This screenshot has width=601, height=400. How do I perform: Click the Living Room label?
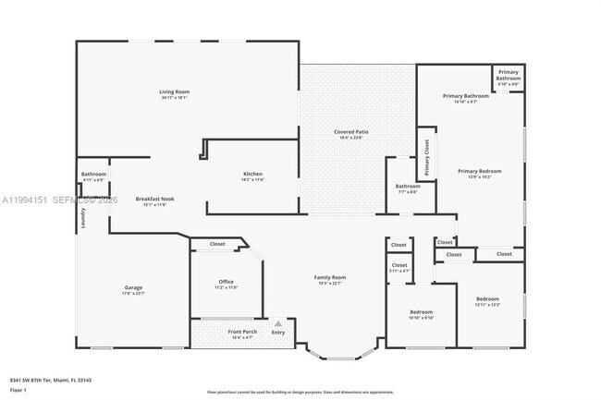point(174,92)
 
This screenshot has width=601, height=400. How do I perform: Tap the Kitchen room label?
point(253,175)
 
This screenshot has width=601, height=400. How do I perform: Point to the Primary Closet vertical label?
point(427,157)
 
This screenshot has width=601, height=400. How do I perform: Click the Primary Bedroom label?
point(479,171)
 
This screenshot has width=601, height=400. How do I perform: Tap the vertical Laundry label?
point(82,218)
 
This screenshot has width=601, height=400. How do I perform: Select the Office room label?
point(227,282)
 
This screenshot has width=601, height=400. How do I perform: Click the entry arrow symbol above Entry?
point(276,323)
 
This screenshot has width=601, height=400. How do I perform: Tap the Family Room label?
point(330,277)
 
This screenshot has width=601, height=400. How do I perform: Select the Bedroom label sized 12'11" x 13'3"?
point(487,298)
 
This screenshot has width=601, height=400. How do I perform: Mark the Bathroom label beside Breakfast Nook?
point(93,174)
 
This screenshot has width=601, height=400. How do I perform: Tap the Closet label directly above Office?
point(217,244)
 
